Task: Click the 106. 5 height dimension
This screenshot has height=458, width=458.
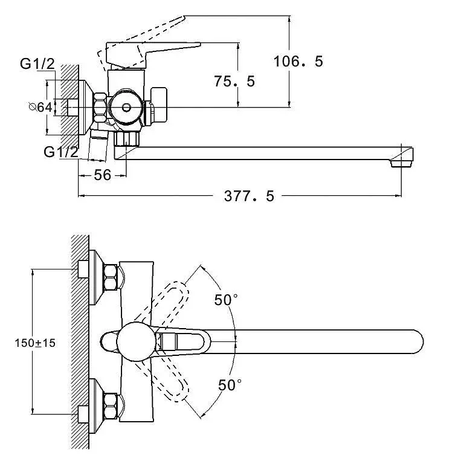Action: [298, 62]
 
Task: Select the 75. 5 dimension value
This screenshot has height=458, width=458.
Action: [234, 80]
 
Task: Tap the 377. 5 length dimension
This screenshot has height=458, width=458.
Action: [249, 196]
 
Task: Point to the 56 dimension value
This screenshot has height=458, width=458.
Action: [103, 175]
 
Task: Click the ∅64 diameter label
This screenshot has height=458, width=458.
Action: [40, 107]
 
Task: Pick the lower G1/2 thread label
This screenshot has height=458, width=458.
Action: [60, 152]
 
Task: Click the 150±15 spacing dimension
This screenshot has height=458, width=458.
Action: [35, 343]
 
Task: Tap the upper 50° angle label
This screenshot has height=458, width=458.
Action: [227, 299]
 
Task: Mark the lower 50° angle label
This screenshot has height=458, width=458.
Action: [229, 384]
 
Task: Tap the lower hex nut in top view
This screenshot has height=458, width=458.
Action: [111, 406]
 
